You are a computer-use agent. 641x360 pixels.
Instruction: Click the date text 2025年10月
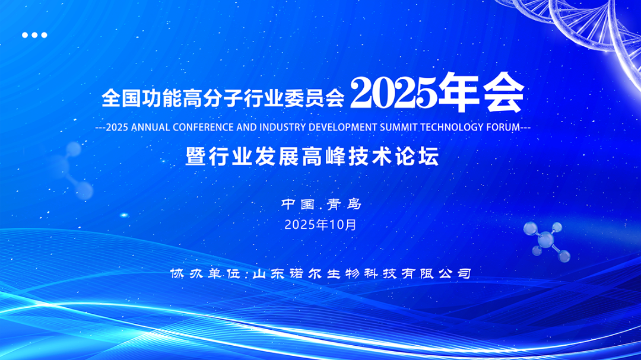(x=320, y=225)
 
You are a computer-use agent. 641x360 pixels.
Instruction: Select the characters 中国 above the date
(x=298, y=205)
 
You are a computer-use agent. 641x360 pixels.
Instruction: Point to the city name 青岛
(x=344, y=205)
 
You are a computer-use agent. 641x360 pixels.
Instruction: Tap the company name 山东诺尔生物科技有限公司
(x=362, y=274)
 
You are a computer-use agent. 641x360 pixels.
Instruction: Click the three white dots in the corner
(x=34, y=35)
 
